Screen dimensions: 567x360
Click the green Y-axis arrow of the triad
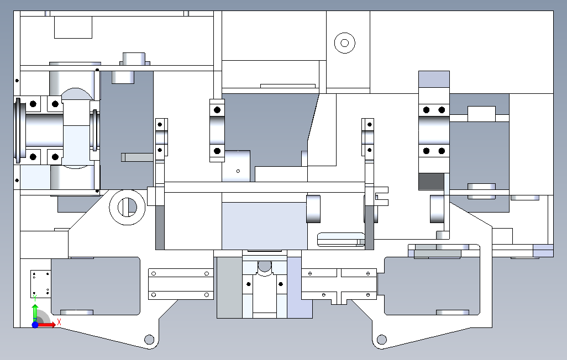click(x=35, y=313)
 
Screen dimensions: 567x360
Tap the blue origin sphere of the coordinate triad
click(x=35, y=325)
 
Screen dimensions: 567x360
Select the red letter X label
click(x=59, y=322)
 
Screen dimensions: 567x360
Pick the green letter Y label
click(x=35, y=298)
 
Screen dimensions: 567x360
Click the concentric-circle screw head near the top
click(x=345, y=44)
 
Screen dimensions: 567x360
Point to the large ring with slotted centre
click(x=127, y=208)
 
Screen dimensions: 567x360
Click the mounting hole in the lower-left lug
click(x=149, y=340)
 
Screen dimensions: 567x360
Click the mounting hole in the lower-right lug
click(x=381, y=340)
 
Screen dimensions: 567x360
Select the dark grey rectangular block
click(x=432, y=182)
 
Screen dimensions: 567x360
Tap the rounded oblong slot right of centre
click(x=341, y=240)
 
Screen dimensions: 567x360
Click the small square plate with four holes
click(x=40, y=284)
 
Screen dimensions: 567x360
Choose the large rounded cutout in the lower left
click(x=96, y=286)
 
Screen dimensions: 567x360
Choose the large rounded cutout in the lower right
click(x=432, y=286)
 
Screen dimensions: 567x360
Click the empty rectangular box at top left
click(x=73, y=27)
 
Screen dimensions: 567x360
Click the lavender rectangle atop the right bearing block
click(x=434, y=79)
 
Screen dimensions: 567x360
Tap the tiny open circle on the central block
click(x=238, y=171)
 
